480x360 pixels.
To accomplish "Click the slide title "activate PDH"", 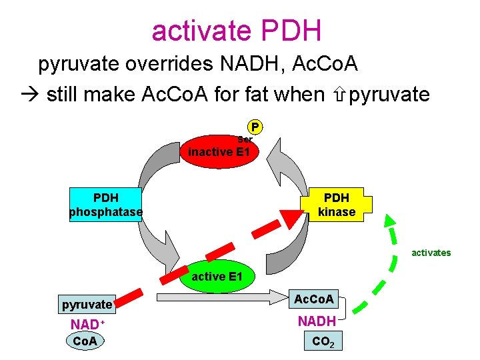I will tap(237, 30).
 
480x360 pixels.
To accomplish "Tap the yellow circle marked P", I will tap(255, 127).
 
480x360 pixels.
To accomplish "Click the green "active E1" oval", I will tap(217, 276).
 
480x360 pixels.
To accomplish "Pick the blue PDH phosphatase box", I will tap(106, 205).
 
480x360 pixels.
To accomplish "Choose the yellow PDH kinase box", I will tap(337, 205).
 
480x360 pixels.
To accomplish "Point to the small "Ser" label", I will tap(245, 139).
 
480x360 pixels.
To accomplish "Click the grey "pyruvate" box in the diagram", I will tap(87, 305).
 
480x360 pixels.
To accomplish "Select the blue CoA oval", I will tap(85, 341).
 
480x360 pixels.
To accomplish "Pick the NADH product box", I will tap(317, 321).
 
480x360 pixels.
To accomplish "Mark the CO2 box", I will tap(322, 342).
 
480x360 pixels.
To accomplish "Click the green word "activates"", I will tap(431, 253).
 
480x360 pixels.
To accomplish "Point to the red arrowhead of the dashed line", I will tap(290, 219).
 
